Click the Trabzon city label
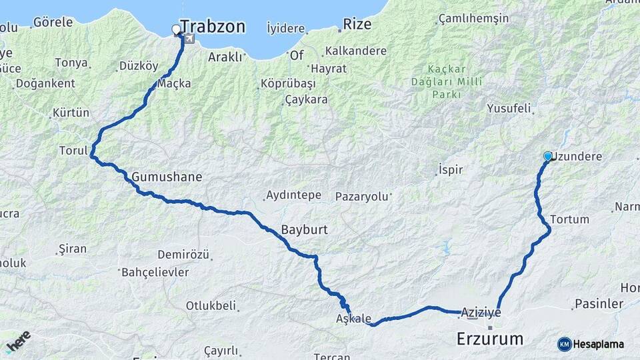pos(213,27)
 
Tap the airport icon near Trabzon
pos(191,38)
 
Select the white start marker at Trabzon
pos(177,29)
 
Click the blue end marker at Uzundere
pos(548,156)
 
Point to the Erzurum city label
pos(489,339)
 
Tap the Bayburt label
pos(304,229)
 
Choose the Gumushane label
pos(166,177)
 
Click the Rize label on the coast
pos(357,25)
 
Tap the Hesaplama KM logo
pos(591,344)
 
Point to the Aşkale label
pos(353,319)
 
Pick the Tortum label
pos(570,219)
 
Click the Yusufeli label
pos(509,108)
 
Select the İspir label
pos(451,169)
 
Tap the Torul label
pos(73,151)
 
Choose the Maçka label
pos(174,83)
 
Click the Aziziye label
pos(480,312)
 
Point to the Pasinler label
pos(598,304)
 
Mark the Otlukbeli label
pos(211,306)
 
